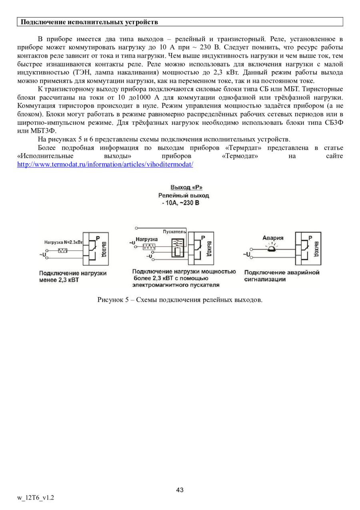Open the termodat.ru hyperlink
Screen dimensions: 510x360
pyautogui.click(x=105, y=165)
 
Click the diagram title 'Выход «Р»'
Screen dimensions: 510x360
pyautogui.click(x=184, y=187)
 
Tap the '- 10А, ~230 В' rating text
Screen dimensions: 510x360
pyautogui.click(x=180, y=203)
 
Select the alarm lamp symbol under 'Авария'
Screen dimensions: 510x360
pyautogui.click(x=273, y=249)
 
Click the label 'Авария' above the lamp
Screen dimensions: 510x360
pyautogui.click(x=273, y=238)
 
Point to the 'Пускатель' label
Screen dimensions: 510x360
pyautogui.click(x=174, y=232)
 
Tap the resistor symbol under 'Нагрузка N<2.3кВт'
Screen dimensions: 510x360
pyautogui.click(x=63, y=251)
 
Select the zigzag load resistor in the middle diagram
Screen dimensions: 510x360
pyautogui.click(x=148, y=246)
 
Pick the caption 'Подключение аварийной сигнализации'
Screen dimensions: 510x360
pyautogui.click(x=282, y=276)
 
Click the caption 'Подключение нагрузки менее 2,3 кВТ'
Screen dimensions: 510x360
pyautogui.click(x=72, y=277)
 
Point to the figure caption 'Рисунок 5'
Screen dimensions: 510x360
pyautogui.click(x=180, y=300)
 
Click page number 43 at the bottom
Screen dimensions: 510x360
pyautogui.click(x=180, y=490)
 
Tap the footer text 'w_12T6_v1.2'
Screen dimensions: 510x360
pyautogui.click(x=36, y=498)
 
